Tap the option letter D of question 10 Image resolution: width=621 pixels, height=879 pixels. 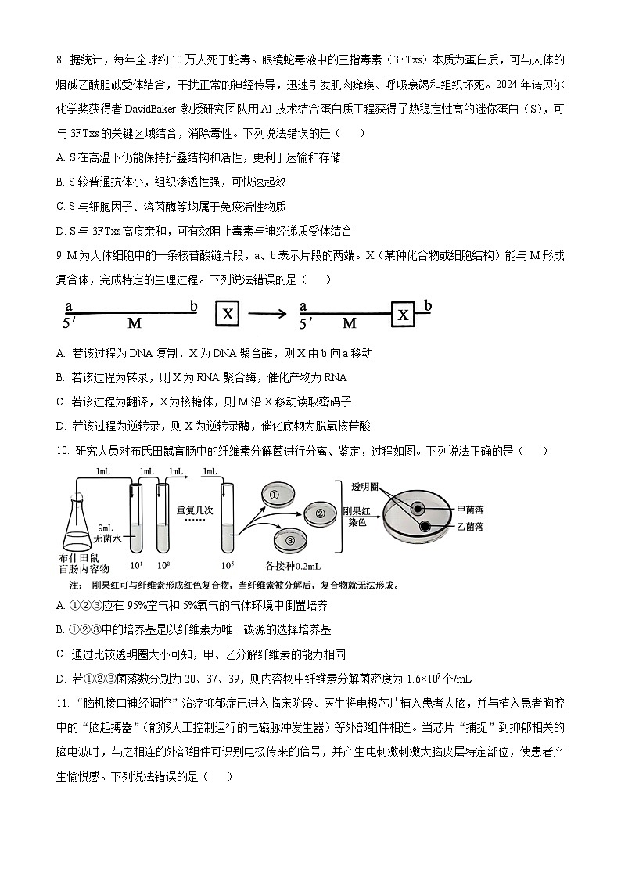pyautogui.click(x=60, y=679)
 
